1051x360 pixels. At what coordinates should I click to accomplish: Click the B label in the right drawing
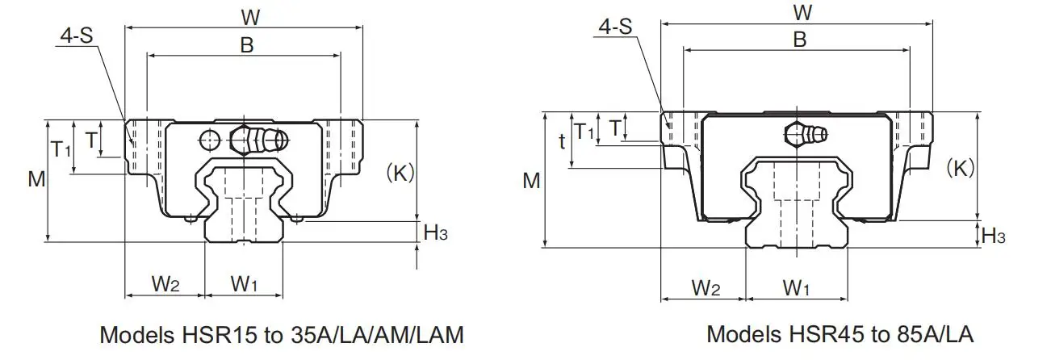pos(799,39)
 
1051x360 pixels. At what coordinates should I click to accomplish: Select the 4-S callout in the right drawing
pos(615,27)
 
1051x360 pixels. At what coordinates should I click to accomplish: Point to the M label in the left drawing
pos(36,179)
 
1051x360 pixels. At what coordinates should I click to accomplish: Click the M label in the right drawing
pos(530,181)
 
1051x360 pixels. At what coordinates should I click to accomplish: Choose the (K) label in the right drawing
pos(961,167)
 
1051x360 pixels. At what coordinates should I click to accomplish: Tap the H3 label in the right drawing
pos(994,236)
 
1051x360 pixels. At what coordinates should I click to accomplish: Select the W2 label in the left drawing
pos(165,283)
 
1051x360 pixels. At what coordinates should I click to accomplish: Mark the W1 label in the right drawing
pos(797,287)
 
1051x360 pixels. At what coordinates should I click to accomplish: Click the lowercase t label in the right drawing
pos(562,141)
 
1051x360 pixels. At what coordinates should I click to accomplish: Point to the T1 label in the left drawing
pos(61,149)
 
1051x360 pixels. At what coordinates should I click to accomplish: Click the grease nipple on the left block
pos(260,140)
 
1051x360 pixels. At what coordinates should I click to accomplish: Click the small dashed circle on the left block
pos(210,140)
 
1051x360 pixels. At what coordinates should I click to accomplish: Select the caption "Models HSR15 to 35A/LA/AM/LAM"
pos(281,333)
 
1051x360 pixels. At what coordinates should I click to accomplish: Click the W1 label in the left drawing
pos(244,283)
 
